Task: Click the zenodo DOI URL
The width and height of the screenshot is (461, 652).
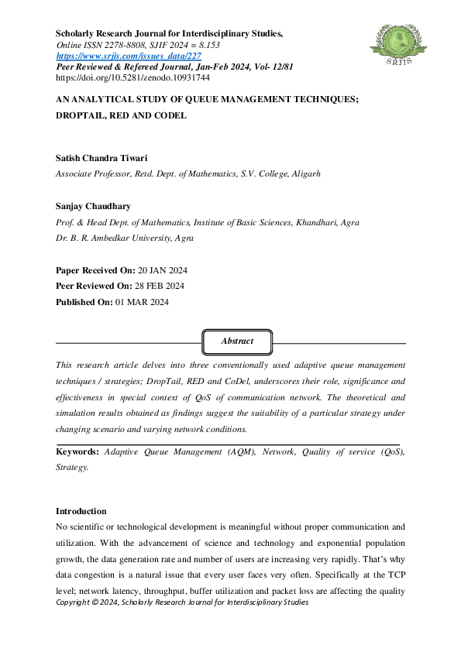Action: (122, 78)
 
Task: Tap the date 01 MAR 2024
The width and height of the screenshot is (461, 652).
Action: (143, 302)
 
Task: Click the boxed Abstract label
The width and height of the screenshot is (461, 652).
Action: (237, 341)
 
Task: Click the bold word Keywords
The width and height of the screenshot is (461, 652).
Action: (77, 451)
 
